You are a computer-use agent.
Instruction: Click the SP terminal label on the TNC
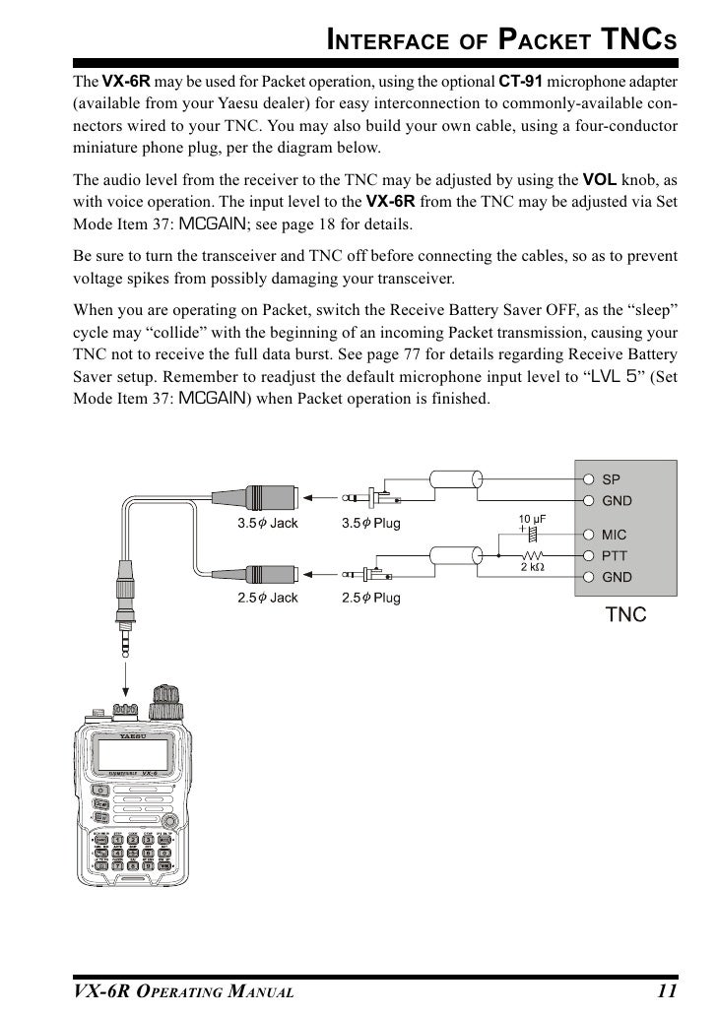(612, 479)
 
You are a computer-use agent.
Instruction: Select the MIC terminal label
(615, 536)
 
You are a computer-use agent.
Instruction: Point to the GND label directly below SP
(617, 500)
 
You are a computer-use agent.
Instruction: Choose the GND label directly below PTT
(617, 577)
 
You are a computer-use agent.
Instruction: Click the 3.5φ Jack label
(267, 524)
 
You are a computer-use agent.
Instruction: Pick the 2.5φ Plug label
(370, 598)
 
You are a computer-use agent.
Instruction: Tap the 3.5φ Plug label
(370, 524)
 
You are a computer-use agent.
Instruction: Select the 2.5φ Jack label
(267, 598)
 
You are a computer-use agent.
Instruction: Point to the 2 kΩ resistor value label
(533, 567)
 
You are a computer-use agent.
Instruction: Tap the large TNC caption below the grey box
(625, 616)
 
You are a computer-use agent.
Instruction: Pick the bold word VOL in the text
(601, 180)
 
